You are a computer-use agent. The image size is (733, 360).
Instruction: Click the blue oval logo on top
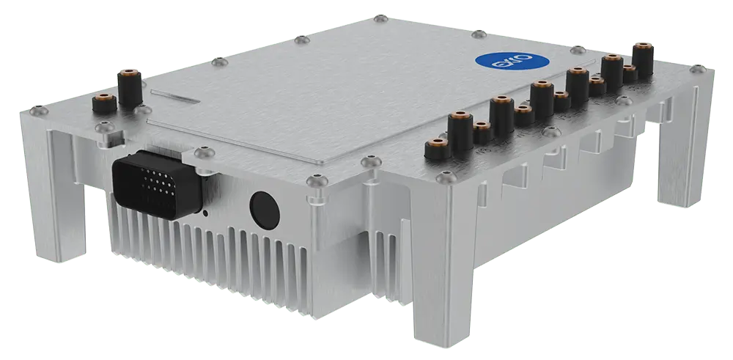(501, 64)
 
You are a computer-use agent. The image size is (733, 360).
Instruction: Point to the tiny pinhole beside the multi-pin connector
(205, 213)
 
